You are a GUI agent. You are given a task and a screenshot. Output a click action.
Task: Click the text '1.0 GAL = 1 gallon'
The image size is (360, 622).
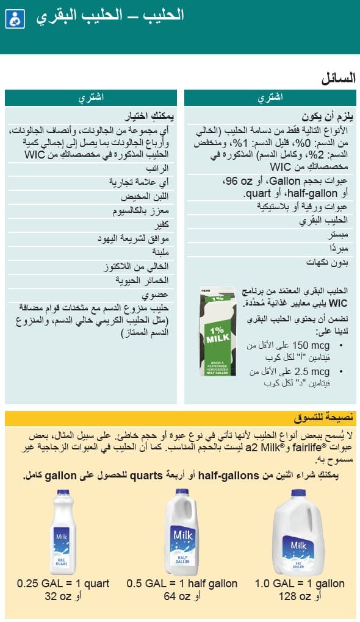pos(300,584)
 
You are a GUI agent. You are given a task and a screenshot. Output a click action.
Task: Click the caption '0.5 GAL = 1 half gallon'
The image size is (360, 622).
pos(182,584)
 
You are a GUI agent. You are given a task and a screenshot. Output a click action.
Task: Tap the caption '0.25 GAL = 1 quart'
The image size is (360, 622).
pos(63,584)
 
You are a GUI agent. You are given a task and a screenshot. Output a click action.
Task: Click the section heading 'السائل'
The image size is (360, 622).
pos(338,79)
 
